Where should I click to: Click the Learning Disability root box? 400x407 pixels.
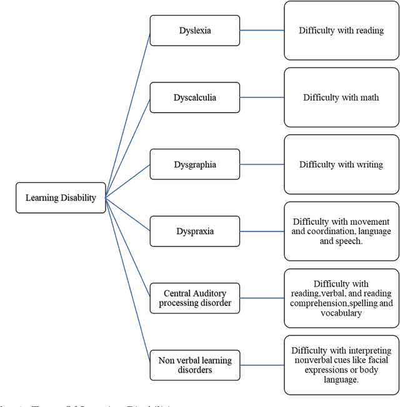point(61,198)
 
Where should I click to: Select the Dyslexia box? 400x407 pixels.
point(194,30)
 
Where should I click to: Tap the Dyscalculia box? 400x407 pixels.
point(194,97)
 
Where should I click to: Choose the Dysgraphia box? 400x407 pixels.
point(194,165)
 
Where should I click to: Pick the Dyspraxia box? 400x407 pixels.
point(194,232)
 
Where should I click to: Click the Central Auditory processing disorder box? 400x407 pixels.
point(194,298)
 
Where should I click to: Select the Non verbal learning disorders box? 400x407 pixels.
point(194,365)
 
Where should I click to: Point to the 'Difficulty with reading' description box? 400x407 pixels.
point(341,30)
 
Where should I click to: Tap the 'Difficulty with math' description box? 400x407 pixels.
point(341,97)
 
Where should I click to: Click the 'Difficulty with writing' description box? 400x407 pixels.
point(341,165)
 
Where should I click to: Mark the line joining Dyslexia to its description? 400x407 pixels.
point(262,30)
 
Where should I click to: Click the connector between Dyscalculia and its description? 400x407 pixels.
point(262,97)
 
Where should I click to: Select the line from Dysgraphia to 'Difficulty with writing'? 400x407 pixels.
point(262,165)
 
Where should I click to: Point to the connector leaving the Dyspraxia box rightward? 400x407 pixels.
point(262,232)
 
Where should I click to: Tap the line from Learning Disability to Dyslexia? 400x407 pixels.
point(128,114)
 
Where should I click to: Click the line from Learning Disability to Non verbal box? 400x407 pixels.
point(128,281)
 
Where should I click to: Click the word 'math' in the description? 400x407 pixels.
point(369,97)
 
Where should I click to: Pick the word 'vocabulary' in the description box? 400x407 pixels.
point(341,313)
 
